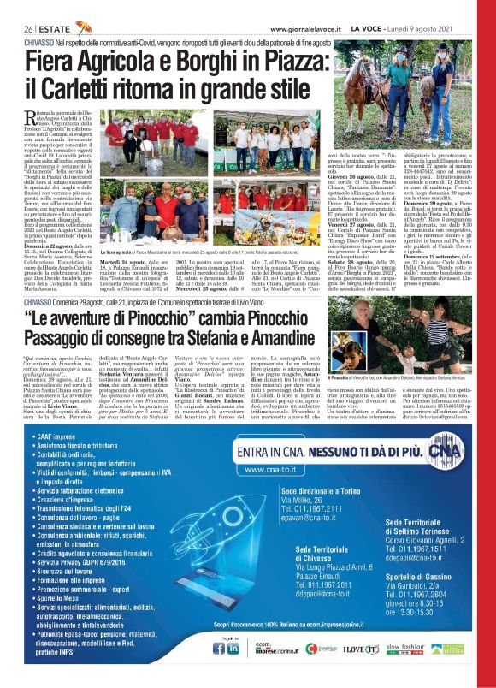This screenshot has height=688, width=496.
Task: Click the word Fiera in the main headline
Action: pos(55,62)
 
